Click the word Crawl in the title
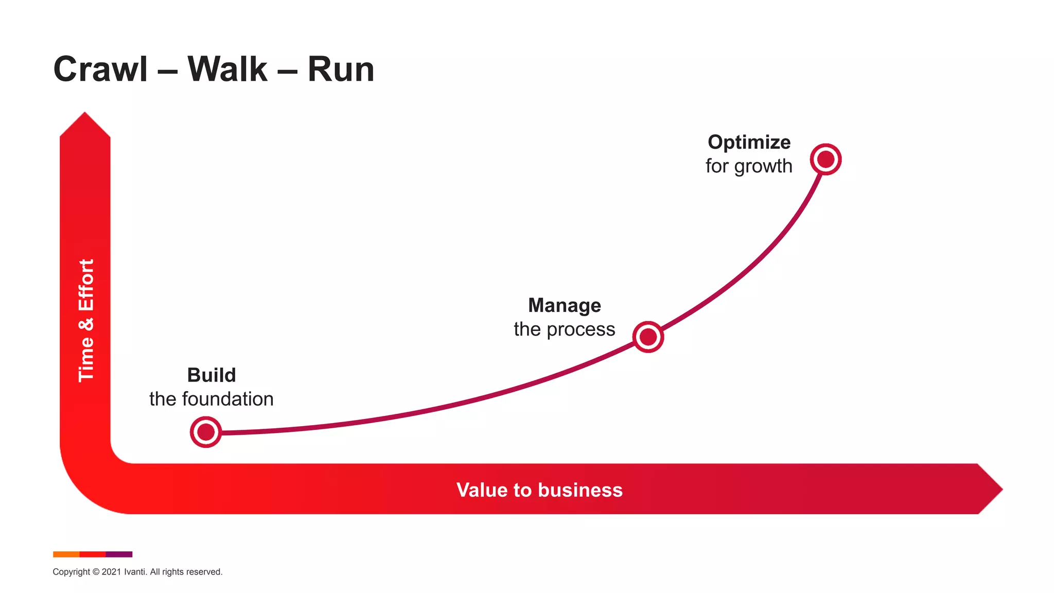100,69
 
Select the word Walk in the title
227,69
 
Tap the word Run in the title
341,69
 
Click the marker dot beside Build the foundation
206,432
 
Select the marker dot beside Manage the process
648,337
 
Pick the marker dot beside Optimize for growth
825,159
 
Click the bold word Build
212,375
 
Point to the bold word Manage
565,305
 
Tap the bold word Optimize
749,142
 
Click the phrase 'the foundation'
212,399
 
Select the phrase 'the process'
565,329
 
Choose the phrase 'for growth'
749,166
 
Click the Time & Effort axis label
86,320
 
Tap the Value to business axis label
539,490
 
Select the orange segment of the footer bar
66,554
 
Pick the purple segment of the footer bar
119,554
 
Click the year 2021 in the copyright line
111,572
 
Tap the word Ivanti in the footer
135,572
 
